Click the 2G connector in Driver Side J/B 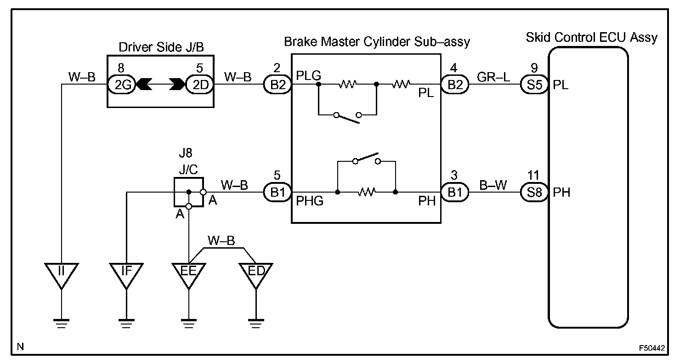121,84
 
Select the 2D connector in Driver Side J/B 200,84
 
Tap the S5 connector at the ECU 534,84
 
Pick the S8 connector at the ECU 534,192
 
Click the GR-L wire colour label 493,77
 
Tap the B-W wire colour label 493,185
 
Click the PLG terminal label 308,75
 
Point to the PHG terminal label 310,201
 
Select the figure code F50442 652,348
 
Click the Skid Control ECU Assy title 591,37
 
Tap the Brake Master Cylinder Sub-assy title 377,42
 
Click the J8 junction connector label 186,153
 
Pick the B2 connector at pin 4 455,84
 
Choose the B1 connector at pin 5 278,192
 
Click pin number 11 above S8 533,175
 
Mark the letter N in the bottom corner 20,347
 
